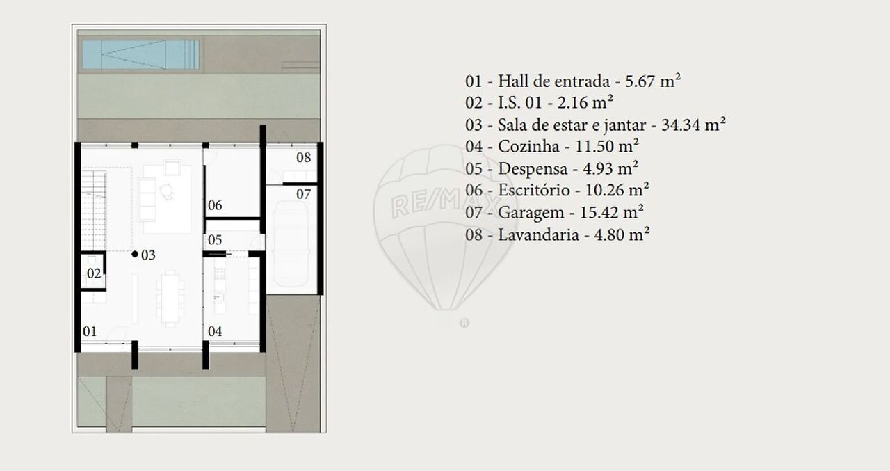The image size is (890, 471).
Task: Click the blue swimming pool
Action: [x=141, y=54]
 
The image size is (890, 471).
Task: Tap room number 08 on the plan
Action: [x=304, y=157]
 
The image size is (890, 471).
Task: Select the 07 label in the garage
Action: [x=304, y=194]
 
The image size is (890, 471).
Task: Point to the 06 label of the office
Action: [x=215, y=205]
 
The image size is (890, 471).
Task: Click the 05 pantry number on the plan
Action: [x=215, y=239]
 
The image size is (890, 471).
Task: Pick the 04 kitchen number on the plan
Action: [x=215, y=331]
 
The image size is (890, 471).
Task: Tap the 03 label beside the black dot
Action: [x=148, y=255]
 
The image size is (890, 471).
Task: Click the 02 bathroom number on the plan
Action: [x=94, y=273]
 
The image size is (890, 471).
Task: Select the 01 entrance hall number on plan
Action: [x=90, y=331]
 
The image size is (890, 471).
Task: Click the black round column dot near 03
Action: [x=135, y=253]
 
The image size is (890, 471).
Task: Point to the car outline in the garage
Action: [x=291, y=244]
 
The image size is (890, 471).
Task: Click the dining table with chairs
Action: [x=170, y=298]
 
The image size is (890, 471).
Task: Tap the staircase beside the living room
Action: [x=94, y=211]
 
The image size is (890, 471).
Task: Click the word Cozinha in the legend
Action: [x=528, y=146]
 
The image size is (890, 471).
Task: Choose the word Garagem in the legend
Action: [x=531, y=213]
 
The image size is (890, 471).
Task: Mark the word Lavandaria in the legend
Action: [x=538, y=234]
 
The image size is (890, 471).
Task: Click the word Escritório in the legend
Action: [x=534, y=190]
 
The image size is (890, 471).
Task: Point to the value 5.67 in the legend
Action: [x=640, y=81]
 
